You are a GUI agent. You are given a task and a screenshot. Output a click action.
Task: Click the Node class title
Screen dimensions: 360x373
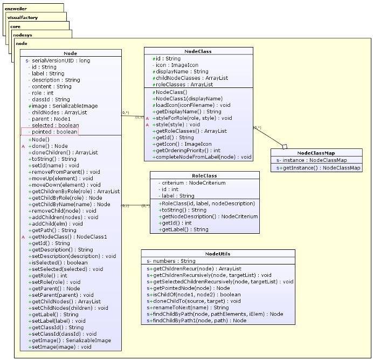[70, 53]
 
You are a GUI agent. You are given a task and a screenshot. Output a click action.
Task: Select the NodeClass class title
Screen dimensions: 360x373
[198, 51]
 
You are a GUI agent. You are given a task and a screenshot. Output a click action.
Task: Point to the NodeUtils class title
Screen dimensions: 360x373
[218, 254]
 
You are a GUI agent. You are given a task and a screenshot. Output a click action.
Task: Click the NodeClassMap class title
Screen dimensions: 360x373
[316, 153]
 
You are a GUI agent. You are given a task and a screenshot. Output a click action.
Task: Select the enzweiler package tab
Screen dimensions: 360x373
[16, 9]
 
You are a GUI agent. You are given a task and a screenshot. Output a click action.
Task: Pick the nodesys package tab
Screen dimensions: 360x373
[23, 34]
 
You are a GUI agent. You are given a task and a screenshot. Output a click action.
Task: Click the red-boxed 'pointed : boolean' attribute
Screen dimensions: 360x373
[50, 132]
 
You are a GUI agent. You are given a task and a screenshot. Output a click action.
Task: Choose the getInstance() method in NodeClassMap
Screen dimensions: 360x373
[318, 168]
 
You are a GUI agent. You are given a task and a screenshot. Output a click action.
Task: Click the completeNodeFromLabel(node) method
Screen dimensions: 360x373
[203, 157]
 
